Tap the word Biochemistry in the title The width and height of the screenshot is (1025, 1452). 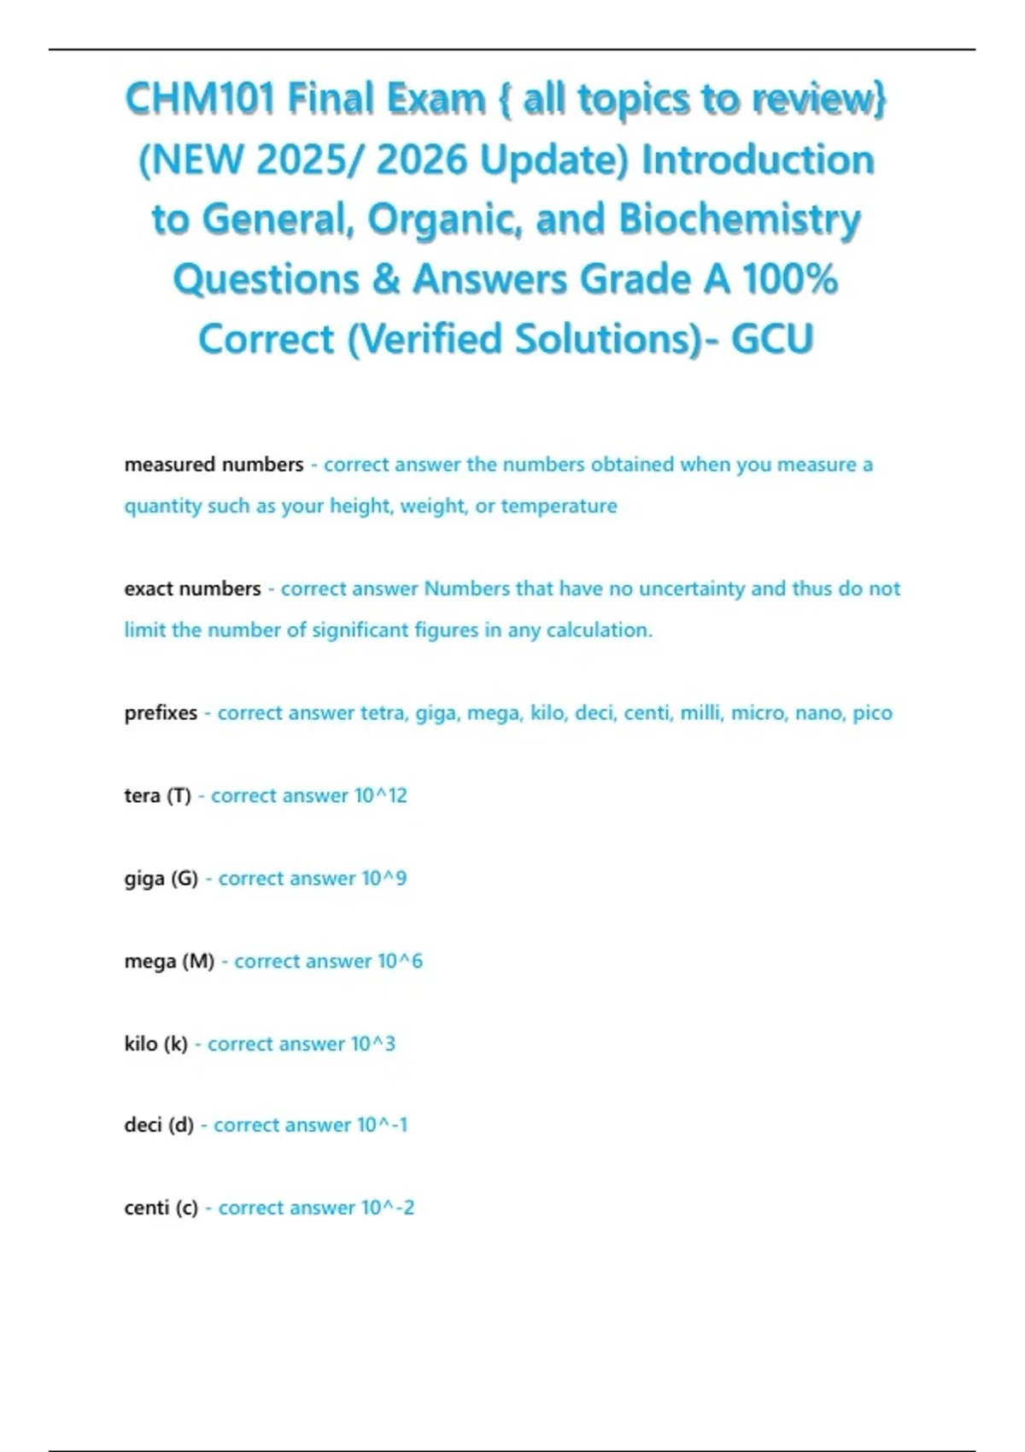click(740, 219)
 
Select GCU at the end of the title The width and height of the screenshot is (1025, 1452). click(772, 338)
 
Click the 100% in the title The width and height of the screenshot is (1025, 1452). click(790, 278)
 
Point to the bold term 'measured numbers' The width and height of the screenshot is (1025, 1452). click(214, 465)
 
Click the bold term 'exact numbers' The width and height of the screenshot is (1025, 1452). click(192, 588)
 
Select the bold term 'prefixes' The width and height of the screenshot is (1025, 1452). click(161, 713)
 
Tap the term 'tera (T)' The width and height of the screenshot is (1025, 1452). click(157, 796)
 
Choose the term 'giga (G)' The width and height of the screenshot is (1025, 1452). click(161, 879)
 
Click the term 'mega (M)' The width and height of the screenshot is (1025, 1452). click(169, 962)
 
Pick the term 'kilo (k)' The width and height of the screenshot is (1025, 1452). click(155, 1044)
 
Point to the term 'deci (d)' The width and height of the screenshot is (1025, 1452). click(159, 1125)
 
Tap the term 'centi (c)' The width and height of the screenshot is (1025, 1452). click(161, 1208)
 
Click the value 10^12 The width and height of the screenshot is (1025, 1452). click(381, 796)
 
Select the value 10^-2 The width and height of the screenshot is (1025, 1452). click(388, 1208)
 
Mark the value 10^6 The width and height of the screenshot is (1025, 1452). click(400, 962)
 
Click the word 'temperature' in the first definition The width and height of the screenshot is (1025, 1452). click(559, 506)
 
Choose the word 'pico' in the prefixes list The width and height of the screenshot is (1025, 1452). click(872, 713)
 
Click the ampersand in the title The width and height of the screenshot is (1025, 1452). click(386, 278)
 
